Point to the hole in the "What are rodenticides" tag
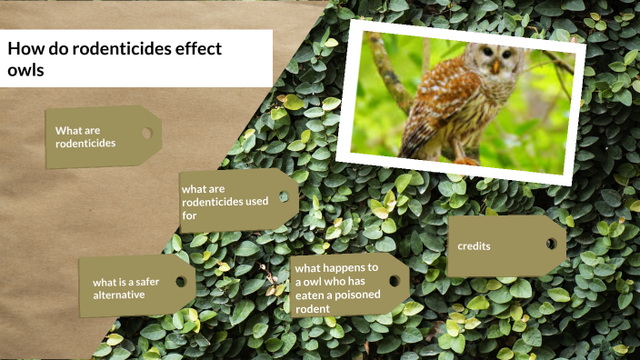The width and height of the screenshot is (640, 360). click(145, 133)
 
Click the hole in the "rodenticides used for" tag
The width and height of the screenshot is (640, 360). click(284, 196)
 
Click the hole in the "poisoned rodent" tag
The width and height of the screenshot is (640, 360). click(394, 280)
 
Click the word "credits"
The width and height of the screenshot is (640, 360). click(474, 245)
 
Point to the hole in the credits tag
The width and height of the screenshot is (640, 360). click(551, 243)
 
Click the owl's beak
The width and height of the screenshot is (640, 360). click(496, 66)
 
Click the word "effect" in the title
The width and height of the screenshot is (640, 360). click(198, 49)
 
